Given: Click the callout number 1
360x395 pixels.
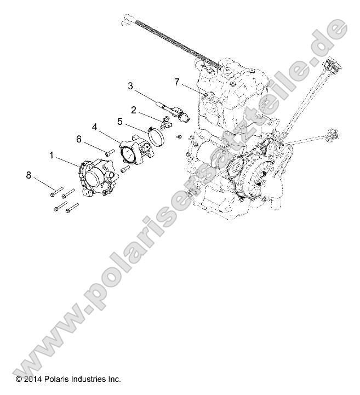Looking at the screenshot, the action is click(x=53, y=156).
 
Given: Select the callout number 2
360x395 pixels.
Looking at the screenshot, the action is click(x=133, y=109).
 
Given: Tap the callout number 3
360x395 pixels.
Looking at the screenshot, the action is click(x=130, y=85).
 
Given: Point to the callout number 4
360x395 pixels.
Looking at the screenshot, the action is click(x=95, y=127).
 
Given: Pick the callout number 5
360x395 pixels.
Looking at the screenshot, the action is click(x=119, y=121).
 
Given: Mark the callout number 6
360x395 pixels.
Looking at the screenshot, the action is click(x=78, y=139).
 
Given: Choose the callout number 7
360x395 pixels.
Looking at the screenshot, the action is click(x=176, y=82).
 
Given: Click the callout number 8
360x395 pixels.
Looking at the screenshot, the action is click(x=28, y=175).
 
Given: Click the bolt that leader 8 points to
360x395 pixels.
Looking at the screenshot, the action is click(x=55, y=191).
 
